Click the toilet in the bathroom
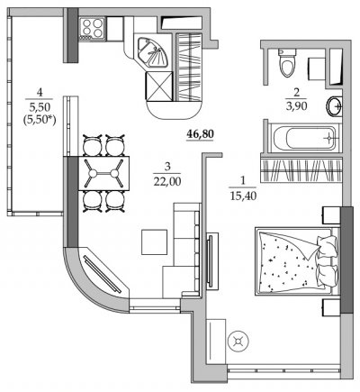(x=287, y=62)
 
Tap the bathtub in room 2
(x=303, y=138)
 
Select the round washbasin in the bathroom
(x=334, y=106)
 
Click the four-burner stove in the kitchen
(x=92, y=28)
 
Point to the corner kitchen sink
(x=152, y=52)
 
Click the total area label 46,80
(x=200, y=134)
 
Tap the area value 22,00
(x=167, y=181)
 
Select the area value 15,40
(x=243, y=196)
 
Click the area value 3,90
(x=296, y=105)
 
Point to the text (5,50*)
(x=40, y=120)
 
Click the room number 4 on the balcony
(x=40, y=92)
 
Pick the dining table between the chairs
(x=103, y=173)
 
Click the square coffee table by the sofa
(x=154, y=242)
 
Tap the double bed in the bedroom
(x=296, y=261)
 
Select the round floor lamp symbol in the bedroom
(x=238, y=341)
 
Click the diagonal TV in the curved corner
(x=102, y=274)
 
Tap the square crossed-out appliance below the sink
(x=159, y=87)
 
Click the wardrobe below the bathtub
(x=301, y=169)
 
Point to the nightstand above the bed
(x=331, y=214)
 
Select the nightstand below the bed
(x=331, y=306)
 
